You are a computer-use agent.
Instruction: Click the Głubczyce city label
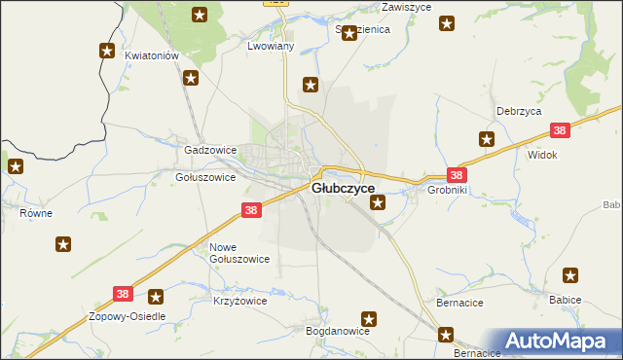click(343, 190)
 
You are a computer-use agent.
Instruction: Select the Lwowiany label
click(271, 46)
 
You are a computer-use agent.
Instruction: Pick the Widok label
click(541, 155)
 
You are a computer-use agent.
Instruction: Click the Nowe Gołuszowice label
click(239, 253)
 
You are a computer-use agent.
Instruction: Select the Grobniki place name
click(448, 191)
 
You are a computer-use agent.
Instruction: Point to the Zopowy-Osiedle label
click(128, 317)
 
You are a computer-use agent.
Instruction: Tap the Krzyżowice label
click(239, 302)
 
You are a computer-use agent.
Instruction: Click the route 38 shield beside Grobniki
click(458, 174)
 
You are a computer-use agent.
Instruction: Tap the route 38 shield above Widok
click(559, 130)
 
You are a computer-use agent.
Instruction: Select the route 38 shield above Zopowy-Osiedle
click(122, 293)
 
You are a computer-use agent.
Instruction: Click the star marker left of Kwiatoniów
click(106, 52)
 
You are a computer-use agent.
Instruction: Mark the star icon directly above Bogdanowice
click(369, 318)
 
